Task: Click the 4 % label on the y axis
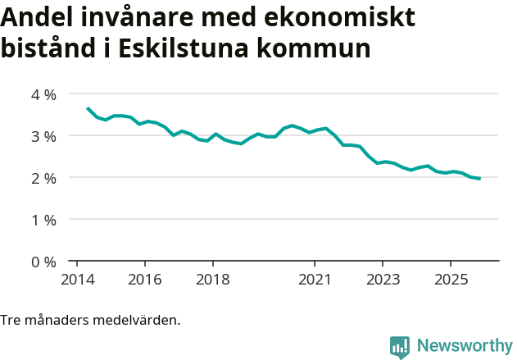point(43,94)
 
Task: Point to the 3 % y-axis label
point(43,136)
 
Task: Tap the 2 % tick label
point(43,178)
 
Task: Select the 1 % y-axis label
point(43,220)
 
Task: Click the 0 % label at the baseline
point(43,262)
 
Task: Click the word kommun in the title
point(315,48)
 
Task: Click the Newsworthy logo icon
point(400,347)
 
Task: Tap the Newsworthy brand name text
point(464,346)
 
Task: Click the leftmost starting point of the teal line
point(88,108)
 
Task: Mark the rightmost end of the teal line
point(479,179)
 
